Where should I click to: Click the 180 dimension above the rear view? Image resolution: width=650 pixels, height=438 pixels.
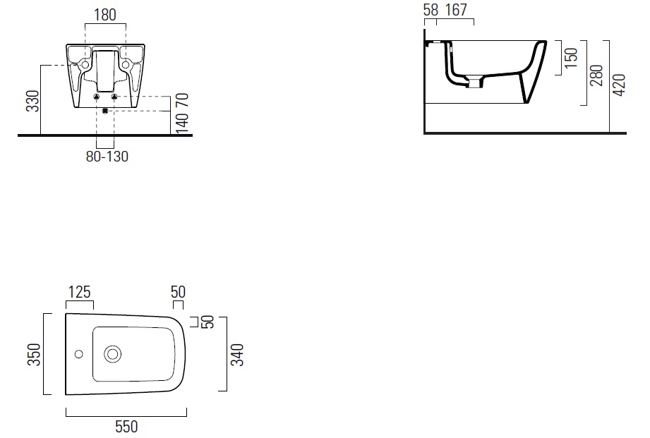click(x=105, y=15)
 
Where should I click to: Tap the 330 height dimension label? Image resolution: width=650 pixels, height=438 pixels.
click(x=32, y=101)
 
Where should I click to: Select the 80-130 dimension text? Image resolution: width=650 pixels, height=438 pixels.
click(x=107, y=157)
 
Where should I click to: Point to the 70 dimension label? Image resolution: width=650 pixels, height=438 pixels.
click(x=183, y=100)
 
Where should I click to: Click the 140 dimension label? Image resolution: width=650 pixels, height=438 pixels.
click(x=183, y=122)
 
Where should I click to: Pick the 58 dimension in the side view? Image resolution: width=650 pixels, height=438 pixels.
click(x=431, y=10)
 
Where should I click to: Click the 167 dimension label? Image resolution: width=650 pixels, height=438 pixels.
click(x=456, y=10)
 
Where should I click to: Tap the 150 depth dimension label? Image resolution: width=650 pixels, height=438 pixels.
click(x=571, y=58)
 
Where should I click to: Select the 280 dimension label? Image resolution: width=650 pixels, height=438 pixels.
click(x=596, y=75)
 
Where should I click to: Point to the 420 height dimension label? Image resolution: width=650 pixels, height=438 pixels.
click(x=619, y=85)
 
